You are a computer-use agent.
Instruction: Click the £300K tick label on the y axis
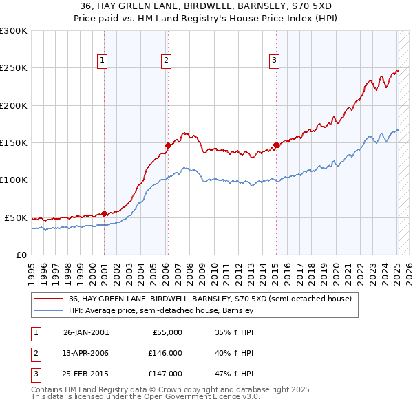[x=14, y=31]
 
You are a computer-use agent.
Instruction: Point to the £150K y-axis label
[x=14, y=142]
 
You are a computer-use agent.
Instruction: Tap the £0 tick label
[x=21, y=255]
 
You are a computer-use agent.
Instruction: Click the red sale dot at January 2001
[x=104, y=213]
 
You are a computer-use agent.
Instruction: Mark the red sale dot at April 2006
[x=167, y=145]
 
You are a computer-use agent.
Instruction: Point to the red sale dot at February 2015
[x=276, y=145]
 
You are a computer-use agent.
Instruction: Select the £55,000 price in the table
[x=166, y=332]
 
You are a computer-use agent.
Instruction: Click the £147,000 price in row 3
[x=166, y=374]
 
